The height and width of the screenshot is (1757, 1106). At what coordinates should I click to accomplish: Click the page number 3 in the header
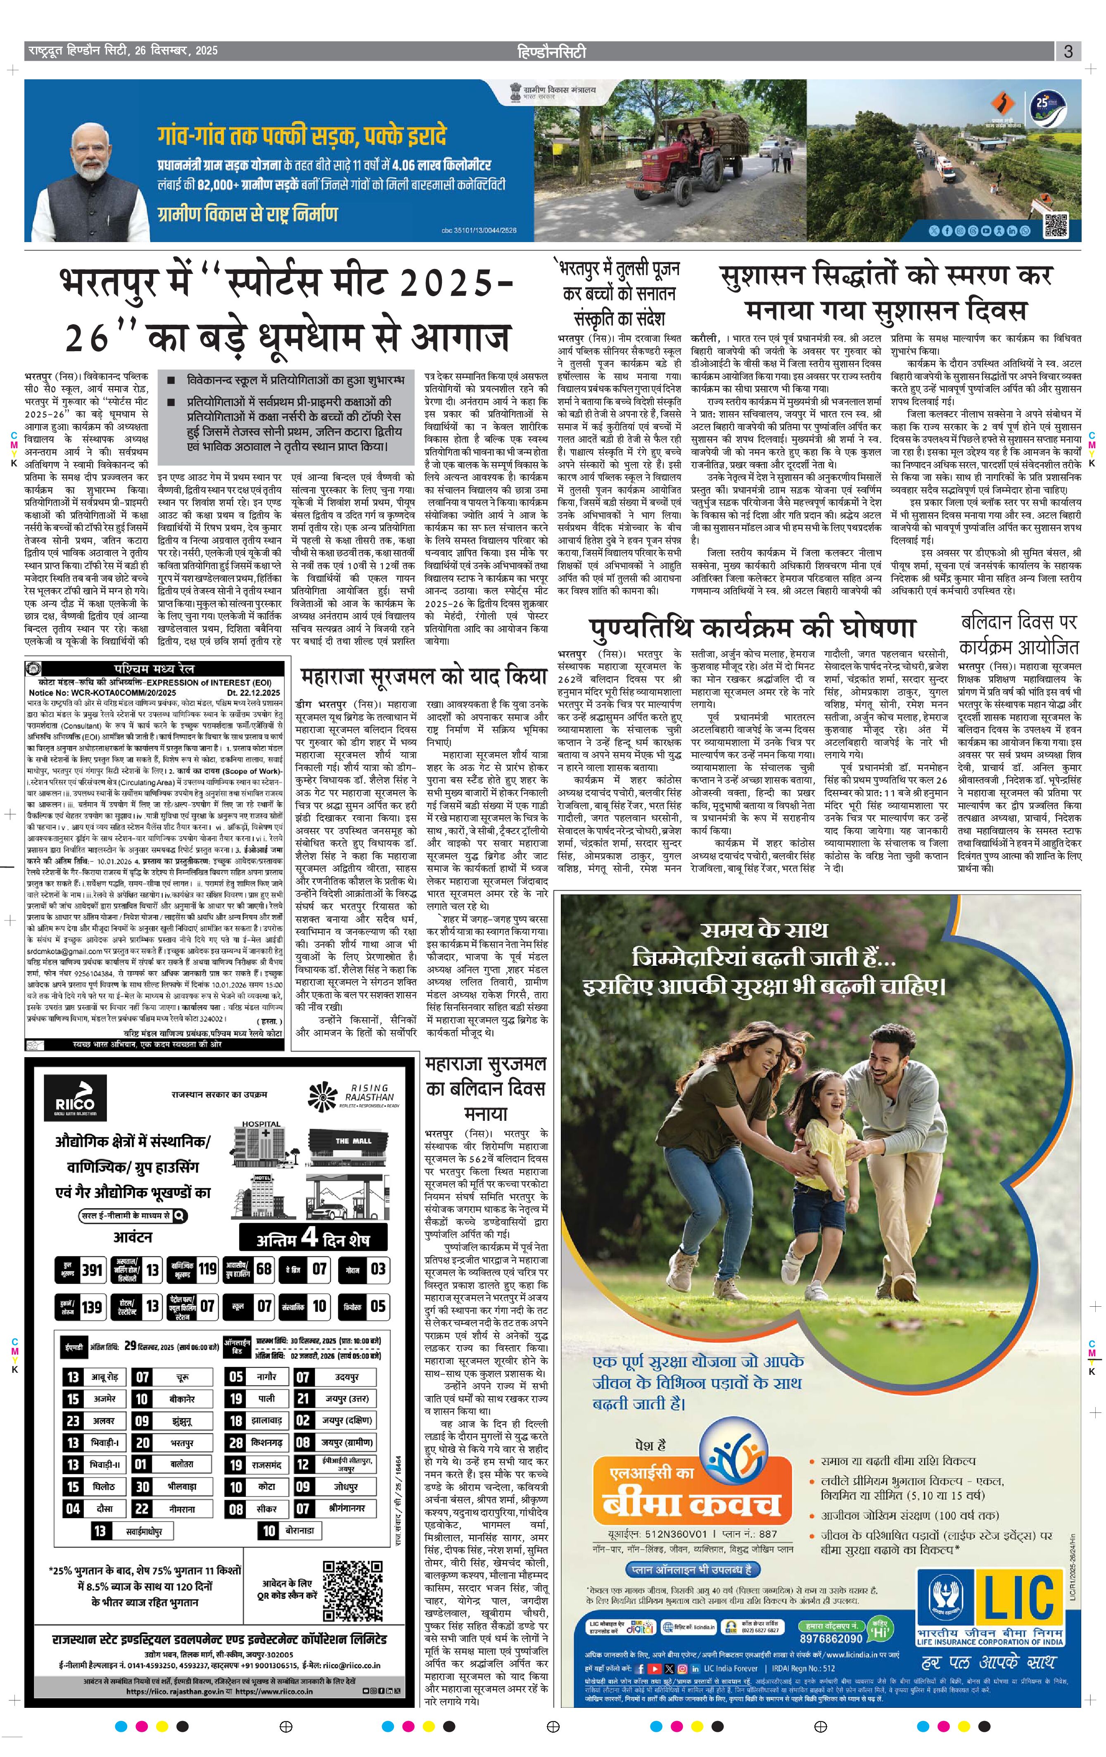point(1068,51)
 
